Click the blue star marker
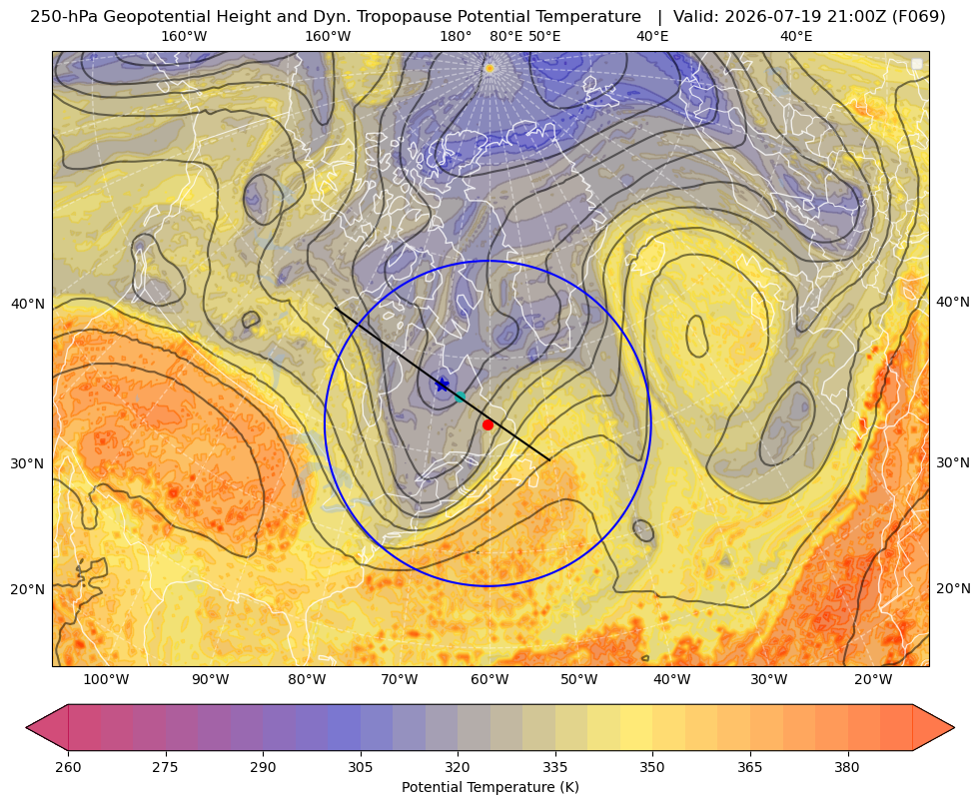point(442,385)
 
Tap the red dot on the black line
point(488,424)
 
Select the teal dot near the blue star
point(460,397)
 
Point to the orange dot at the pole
point(490,68)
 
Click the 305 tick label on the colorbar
point(360,767)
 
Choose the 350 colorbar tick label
point(652,767)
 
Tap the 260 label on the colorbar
point(68,767)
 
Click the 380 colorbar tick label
point(847,767)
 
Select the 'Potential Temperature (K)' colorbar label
point(490,787)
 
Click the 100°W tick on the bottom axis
point(106,679)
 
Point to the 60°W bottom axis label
point(490,679)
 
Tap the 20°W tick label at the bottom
point(873,679)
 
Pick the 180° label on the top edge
point(456,36)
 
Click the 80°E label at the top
point(506,36)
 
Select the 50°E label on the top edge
point(544,36)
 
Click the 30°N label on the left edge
point(28,463)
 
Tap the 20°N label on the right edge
point(953,588)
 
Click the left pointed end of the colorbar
point(27,727)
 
